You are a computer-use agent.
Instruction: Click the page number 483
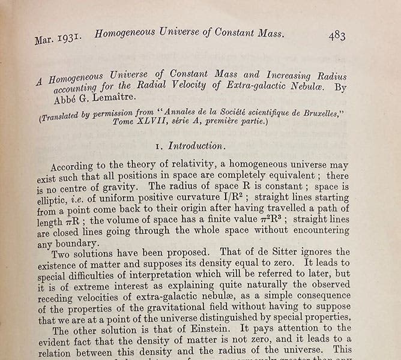(337, 35)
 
